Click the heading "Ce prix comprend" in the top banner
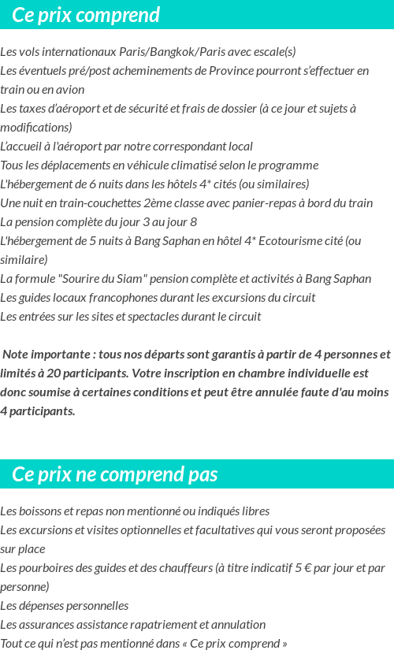click(x=86, y=15)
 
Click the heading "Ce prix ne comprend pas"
click(x=115, y=474)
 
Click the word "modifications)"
click(x=36, y=128)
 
